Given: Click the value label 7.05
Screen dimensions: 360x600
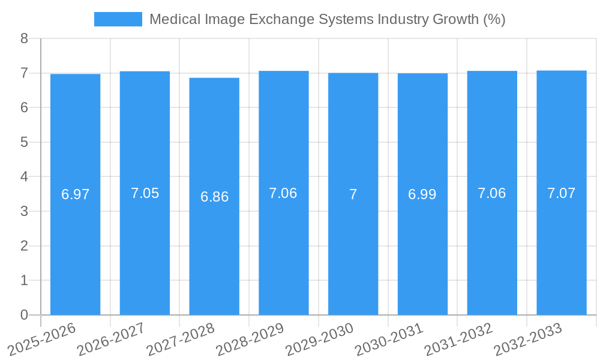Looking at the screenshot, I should point(145,193).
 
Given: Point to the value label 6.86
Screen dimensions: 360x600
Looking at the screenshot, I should point(214,197).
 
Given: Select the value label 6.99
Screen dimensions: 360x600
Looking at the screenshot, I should point(422,194).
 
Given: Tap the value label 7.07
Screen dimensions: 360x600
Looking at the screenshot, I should point(561,193).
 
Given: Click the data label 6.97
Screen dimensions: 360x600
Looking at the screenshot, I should point(75,194).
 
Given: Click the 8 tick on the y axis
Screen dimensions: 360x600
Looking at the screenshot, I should point(24,39).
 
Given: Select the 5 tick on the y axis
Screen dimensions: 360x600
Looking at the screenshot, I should point(24,143).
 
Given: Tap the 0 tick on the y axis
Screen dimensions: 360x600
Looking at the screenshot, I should point(24,315).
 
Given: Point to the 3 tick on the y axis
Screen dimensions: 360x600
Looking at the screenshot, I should point(24,212).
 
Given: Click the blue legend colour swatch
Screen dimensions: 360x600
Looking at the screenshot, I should point(118,19).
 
